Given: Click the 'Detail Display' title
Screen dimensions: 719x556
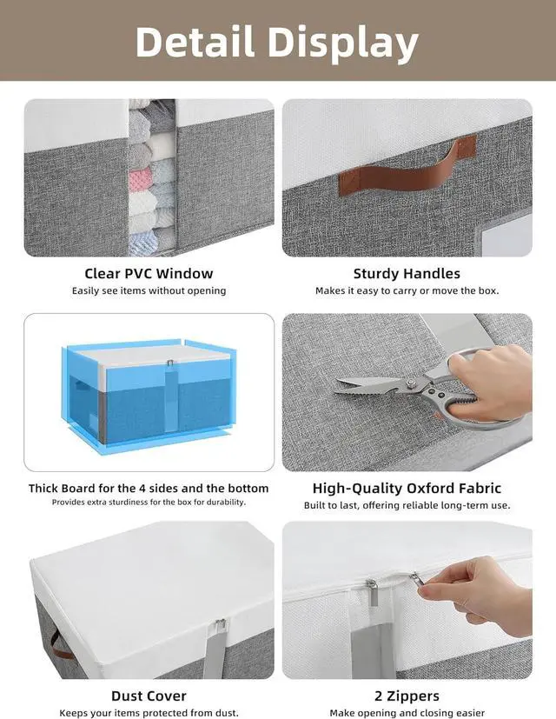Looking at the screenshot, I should [x=277, y=42].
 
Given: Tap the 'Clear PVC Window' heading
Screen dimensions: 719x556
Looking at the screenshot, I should [x=149, y=273].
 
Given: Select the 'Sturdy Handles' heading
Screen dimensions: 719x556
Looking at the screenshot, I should [x=407, y=273].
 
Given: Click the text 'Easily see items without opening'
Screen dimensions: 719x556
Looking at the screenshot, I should [x=149, y=290].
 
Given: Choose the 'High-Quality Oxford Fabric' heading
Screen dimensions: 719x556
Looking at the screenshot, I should [x=407, y=488].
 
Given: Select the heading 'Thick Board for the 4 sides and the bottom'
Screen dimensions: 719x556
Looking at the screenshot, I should [x=149, y=488].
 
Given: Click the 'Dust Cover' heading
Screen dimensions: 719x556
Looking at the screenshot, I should [x=149, y=696].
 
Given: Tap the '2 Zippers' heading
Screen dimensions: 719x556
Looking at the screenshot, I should [x=407, y=696].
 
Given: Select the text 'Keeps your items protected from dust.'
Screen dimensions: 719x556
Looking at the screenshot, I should [x=149, y=713].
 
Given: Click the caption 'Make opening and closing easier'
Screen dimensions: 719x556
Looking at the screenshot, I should [x=407, y=713].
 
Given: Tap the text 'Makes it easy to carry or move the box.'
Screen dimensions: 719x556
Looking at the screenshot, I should [x=407, y=290].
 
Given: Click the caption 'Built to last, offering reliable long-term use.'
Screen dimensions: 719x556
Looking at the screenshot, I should [x=407, y=505].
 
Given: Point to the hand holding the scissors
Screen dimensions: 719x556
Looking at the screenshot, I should [x=491, y=374].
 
